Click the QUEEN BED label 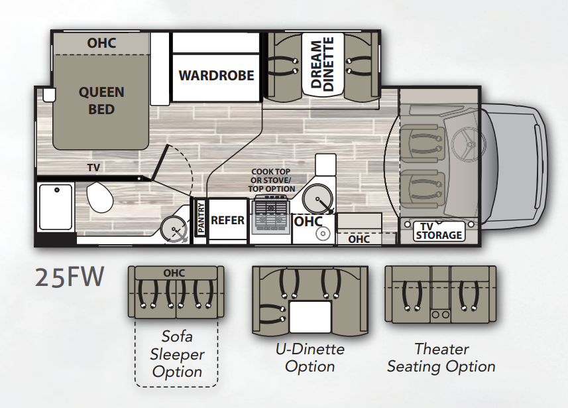101,100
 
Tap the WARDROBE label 216,76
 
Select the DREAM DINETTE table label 322,64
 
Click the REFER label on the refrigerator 227,220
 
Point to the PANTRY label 201,218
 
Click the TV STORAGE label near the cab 439,231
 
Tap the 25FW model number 70,277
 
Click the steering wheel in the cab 469,143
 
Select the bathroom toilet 99,197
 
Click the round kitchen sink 317,199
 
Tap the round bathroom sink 173,228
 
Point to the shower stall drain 57,190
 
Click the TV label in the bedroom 93,168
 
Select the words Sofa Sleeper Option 177,354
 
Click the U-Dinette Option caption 310,358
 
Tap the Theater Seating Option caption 441,358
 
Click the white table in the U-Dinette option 310,316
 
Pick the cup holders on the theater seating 440,314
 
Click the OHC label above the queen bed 101,43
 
